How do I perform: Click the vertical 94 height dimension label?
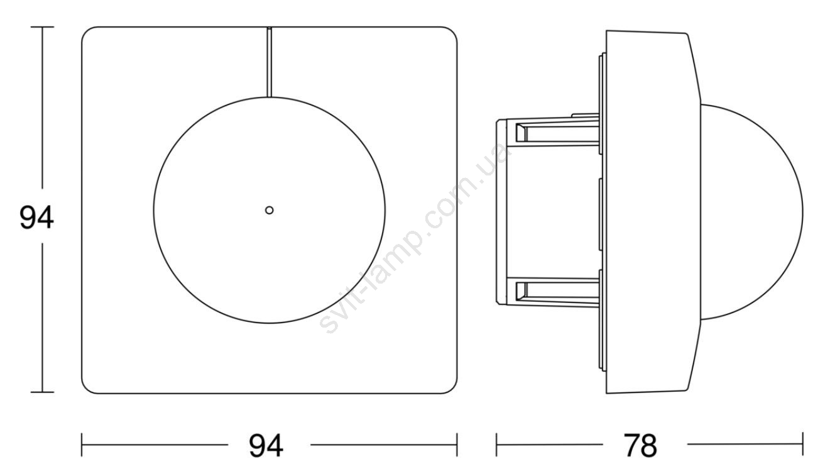(x=36, y=218)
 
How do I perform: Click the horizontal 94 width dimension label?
(x=266, y=446)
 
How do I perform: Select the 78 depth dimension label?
(x=640, y=446)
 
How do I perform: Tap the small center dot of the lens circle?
(x=270, y=210)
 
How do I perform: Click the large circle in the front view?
(x=154, y=210)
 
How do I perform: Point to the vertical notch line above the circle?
(x=270, y=62)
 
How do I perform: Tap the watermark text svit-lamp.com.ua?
(x=413, y=237)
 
